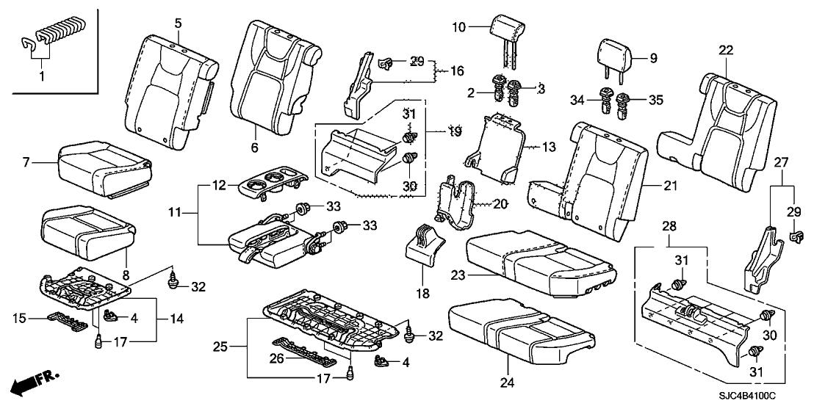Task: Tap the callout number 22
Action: pyautogui.click(x=726, y=50)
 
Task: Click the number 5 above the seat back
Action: pyautogui.click(x=178, y=23)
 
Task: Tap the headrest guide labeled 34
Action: pyautogui.click(x=607, y=98)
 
